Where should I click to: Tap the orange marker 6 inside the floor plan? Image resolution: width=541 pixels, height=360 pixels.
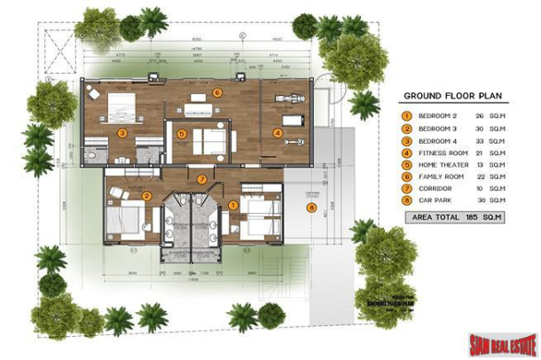click(x=217, y=92)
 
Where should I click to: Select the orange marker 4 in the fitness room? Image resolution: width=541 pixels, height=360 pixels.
click(x=278, y=134)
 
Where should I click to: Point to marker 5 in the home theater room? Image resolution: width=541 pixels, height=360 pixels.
click(x=182, y=135)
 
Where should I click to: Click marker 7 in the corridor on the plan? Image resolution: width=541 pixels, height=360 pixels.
click(x=202, y=180)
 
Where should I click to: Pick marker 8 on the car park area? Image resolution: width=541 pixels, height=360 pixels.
click(x=310, y=207)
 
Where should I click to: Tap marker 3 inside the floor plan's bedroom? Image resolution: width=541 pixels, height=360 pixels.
click(x=122, y=134)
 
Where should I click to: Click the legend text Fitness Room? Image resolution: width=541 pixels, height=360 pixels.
click(x=443, y=153)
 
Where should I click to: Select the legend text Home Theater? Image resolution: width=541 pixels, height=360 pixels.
click(x=444, y=165)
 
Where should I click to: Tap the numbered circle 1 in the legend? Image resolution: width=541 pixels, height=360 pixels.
click(x=406, y=115)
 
